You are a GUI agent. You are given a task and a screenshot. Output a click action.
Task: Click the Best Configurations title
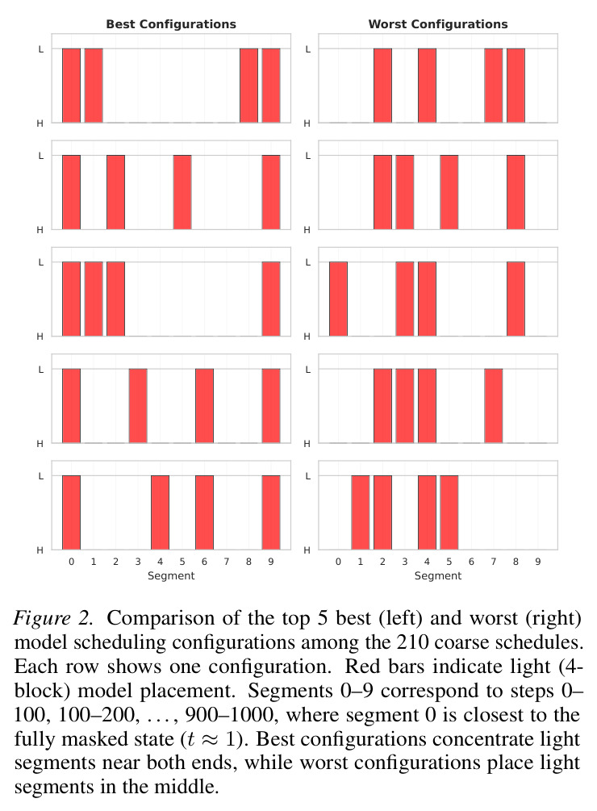(x=171, y=23)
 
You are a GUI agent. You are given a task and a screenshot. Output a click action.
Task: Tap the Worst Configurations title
(x=438, y=23)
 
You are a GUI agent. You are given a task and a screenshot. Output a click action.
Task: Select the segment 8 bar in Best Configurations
(x=248, y=86)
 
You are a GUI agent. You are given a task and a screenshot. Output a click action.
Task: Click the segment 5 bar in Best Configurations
(x=182, y=192)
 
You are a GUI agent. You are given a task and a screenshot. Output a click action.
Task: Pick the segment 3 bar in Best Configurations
(x=138, y=405)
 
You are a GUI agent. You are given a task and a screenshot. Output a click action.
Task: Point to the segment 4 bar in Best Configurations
(x=161, y=512)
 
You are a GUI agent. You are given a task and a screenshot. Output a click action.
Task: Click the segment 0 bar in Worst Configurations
(x=339, y=299)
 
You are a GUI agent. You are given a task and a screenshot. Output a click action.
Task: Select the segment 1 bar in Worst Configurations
(x=361, y=512)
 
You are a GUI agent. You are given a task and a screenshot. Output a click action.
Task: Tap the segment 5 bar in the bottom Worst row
(x=449, y=512)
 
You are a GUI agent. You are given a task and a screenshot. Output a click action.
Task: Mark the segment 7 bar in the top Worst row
(x=494, y=86)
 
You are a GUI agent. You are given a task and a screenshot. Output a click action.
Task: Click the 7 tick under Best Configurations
(x=227, y=562)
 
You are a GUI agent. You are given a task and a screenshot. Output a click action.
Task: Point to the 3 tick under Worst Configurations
(x=405, y=562)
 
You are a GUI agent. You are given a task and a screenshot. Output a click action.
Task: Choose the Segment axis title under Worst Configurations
(x=438, y=575)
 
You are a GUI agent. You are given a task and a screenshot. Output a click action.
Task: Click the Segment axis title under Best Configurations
(x=171, y=575)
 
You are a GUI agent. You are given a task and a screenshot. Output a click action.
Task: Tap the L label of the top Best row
(x=41, y=50)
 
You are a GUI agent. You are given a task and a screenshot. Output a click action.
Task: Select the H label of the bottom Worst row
(x=307, y=550)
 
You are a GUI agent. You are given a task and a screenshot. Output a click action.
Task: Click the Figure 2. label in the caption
(x=53, y=619)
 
